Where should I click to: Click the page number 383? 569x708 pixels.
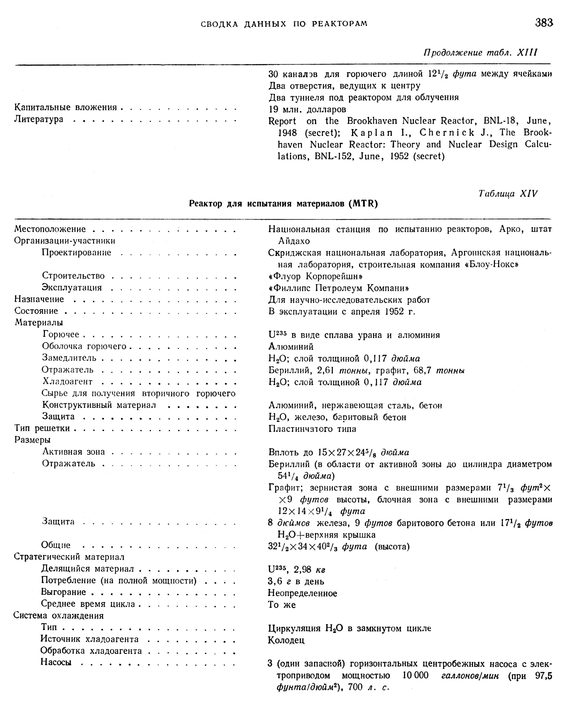pos(544,23)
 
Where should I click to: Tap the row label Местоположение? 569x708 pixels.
pos(50,229)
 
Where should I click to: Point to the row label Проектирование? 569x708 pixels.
pos(77,253)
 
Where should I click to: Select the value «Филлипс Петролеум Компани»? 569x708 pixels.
pos(338,288)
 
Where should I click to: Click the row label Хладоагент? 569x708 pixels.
pos(68,382)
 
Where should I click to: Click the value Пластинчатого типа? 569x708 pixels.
pos(312,429)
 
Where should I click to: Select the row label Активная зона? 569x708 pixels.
pos(73,452)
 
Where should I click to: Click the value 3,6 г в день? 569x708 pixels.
pos(296,582)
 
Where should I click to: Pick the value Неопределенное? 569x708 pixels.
pos(302,593)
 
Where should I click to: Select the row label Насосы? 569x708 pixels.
pos(56,662)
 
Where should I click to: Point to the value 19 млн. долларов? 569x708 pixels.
pos(307,109)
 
